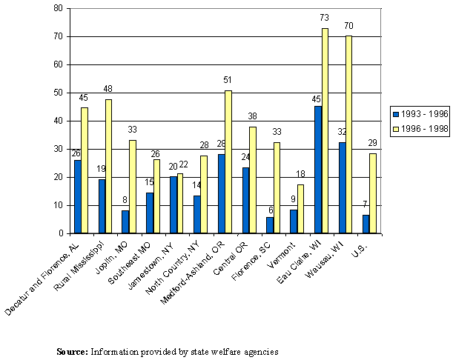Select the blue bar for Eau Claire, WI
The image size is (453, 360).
318,170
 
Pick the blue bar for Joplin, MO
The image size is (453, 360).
125,221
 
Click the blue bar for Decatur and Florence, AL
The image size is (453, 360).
78,196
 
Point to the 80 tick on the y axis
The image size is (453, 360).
57,9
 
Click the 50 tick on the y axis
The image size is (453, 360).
57,93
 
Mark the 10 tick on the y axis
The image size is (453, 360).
57,205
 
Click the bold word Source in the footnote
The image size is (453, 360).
72,351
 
